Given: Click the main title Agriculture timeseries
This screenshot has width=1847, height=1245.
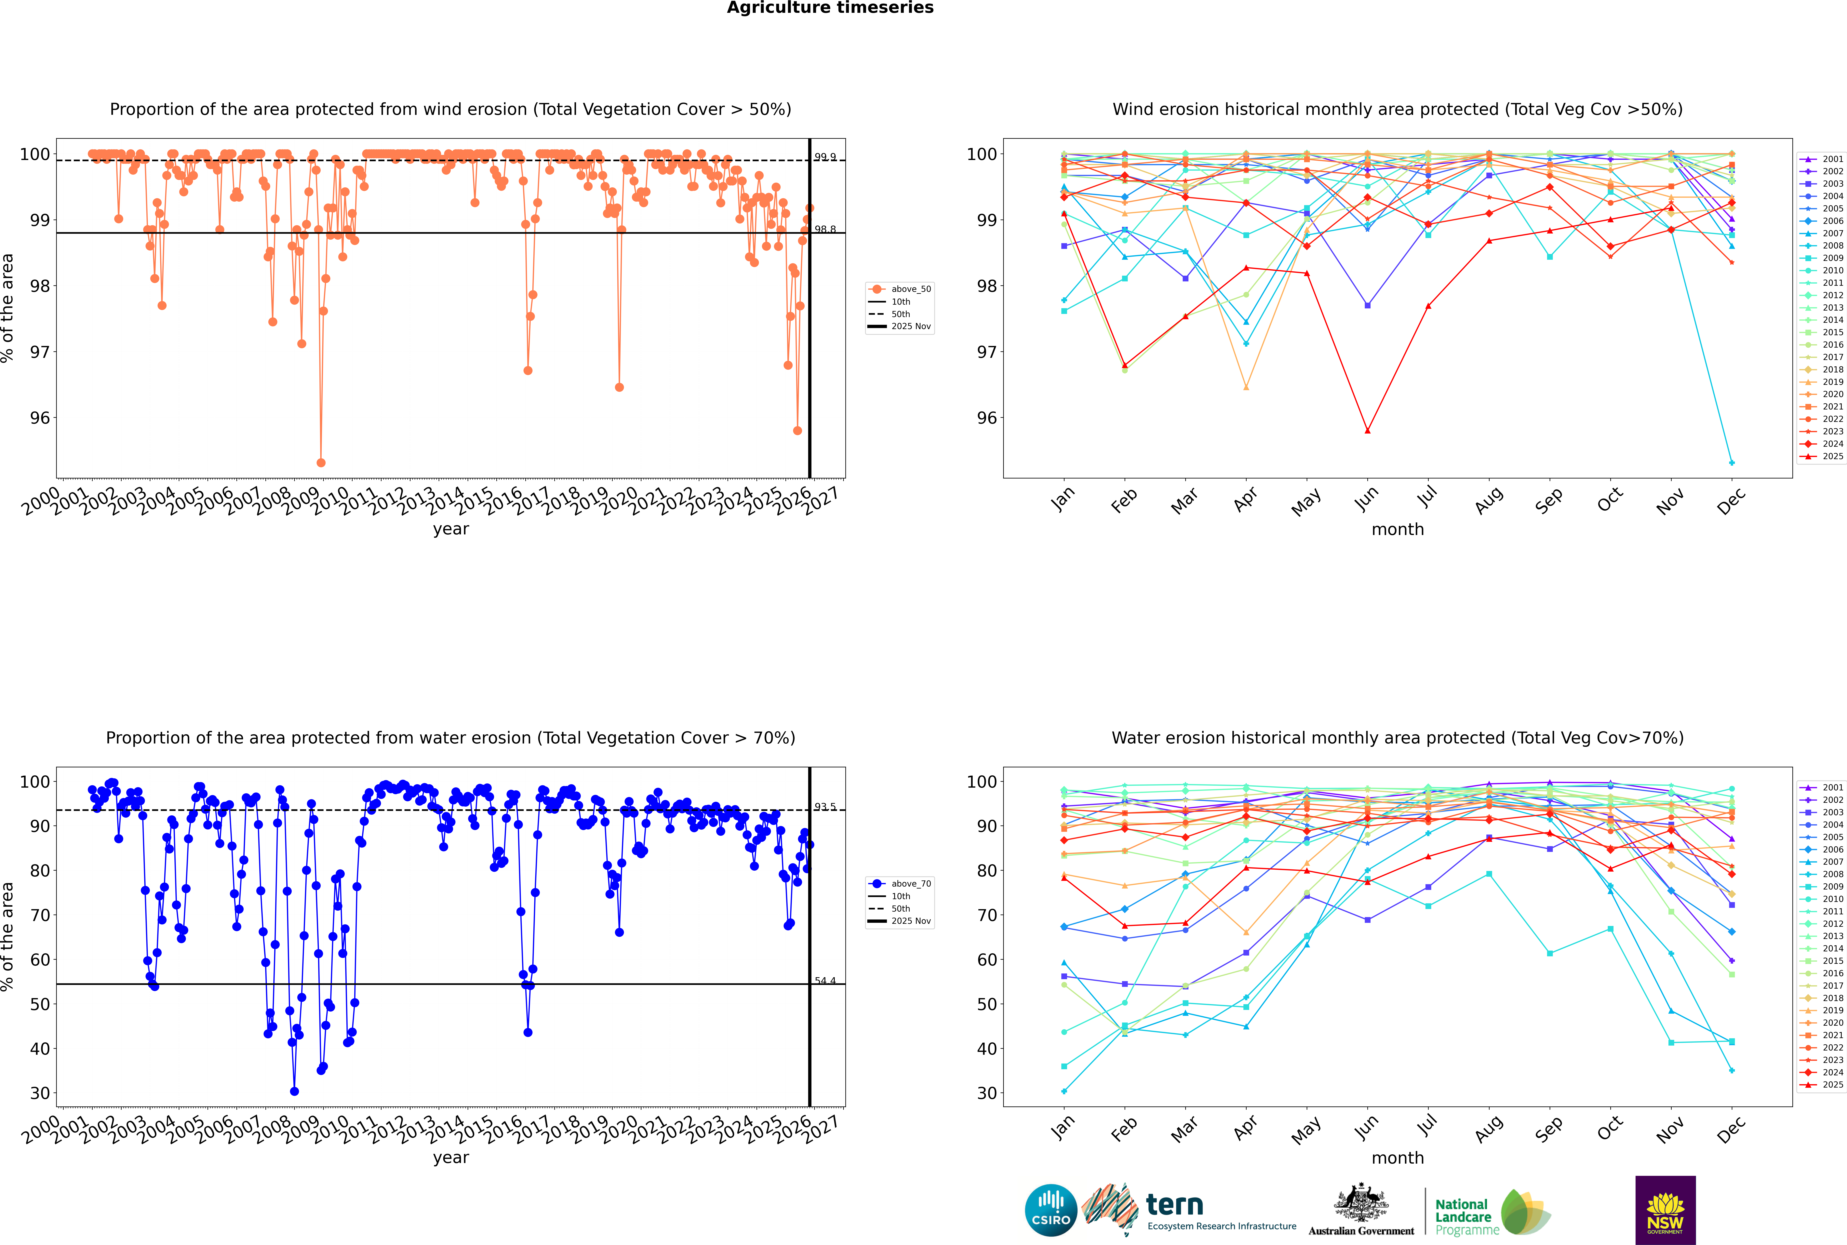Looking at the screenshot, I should tap(830, 8).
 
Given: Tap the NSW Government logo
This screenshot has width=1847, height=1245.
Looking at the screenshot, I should tap(1665, 1210).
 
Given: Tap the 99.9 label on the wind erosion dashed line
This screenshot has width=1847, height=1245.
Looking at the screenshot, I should tap(825, 157).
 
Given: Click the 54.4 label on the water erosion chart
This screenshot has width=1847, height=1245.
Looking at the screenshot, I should tap(825, 981).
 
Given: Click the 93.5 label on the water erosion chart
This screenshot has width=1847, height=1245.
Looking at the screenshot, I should tap(825, 807).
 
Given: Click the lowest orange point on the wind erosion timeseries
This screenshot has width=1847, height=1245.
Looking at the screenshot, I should tap(321, 463).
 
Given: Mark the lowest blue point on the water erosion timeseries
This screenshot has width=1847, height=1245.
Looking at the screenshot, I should tap(295, 1092).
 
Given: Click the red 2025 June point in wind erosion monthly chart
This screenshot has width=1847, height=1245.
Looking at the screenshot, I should tap(1367, 430).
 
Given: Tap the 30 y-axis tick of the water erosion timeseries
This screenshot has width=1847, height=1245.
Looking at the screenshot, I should tap(40, 1093).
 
